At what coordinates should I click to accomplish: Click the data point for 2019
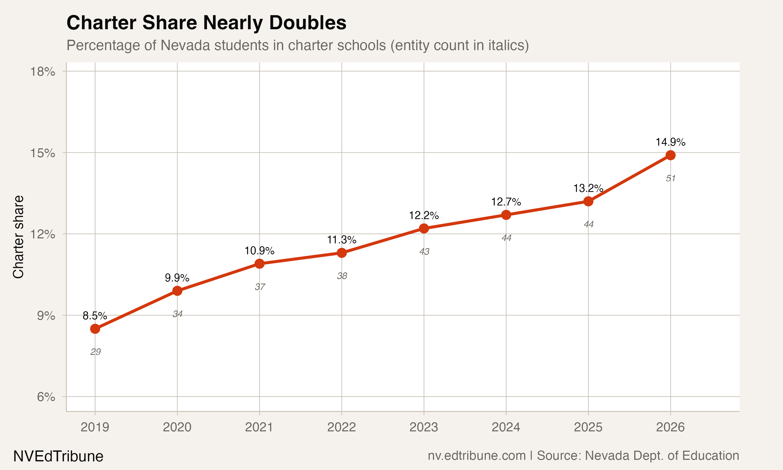pyautogui.click(x=95, y=329)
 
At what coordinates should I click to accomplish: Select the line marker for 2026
pyautogui.click(x=670, y=155)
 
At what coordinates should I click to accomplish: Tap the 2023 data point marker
pyautogui.click(x=424, y=228)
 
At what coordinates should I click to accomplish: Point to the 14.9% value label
pyautogui.click(x=670, y=142)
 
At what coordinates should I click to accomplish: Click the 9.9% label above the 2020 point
pyautogui.click(x=177, y=278)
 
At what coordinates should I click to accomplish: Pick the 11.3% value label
pyautogui.click(x=341, y=240)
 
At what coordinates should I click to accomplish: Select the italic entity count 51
pyautogui.click(x=670, y=178)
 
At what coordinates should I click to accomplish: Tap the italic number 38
pyautogui.click(x=342, y=276)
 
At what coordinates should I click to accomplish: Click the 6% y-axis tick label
pyautogui.click(x=46, y=397)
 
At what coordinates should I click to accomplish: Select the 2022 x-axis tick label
pyautogui.click(x=341, y=427)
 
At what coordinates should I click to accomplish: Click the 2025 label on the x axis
pyautogui.click(x=588, y=427)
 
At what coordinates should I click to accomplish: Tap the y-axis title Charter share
pyautogui.click(x=18, y=237)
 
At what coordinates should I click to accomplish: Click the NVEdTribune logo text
pyautogui.click(x=58, y=456)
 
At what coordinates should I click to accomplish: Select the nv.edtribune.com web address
pyautogui.click(x=477, y=455)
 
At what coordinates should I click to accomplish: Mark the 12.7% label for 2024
pyautogui.click(x=506, y=202)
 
